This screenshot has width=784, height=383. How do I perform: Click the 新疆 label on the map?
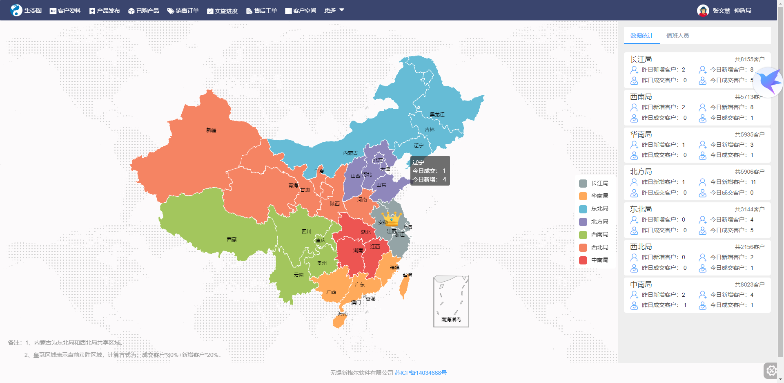click(211, 130)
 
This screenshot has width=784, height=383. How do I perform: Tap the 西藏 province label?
click(232, 240)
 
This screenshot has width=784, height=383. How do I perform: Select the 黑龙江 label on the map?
click(437, 115)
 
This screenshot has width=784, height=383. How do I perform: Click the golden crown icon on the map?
click(392, 219)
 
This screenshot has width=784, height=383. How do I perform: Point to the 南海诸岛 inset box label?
click(451, 320)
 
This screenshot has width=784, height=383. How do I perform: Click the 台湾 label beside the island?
click(408, 275)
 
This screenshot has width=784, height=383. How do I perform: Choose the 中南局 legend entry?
click(599, 260)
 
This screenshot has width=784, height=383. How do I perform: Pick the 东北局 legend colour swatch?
click(583, 209)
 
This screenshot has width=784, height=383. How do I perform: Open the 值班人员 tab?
click(677, 36)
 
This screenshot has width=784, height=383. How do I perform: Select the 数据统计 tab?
click(641, 36)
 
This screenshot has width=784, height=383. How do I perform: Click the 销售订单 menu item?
click(183, 11)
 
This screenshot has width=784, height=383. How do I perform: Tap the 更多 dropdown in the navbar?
click(334, 10)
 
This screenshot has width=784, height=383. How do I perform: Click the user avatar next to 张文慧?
click(703, 11)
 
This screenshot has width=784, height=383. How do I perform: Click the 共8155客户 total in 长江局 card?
click(749, 59)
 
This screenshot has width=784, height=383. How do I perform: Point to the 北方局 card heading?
click(641, 172)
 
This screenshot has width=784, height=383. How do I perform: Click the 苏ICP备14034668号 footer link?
click(421, 373)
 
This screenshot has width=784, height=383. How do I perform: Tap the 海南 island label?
click(343, 314)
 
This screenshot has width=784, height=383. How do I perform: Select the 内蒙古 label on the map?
click(350, 153)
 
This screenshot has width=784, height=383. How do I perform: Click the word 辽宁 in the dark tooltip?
click(418, 162)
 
